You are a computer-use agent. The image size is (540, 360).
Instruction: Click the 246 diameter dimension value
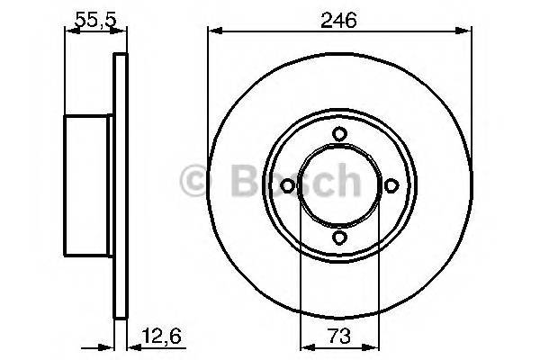pyautogui.click(x=338, y=20)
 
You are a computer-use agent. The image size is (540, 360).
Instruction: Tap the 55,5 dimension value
pyautogui.click(x=95, y=20)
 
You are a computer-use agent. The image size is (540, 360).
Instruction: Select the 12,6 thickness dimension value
pyautogui.click(x=162, y=337)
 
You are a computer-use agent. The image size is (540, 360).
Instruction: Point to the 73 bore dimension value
pyautogui.click(x=339, y=337)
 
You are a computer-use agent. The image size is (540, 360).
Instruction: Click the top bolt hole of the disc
pyautogui.click(x=339, y=134)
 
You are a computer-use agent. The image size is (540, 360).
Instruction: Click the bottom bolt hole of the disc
pyautogui.click(x=339, y=238)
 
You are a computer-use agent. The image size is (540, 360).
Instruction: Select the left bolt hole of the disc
pyautogui.click(x=287, y=186)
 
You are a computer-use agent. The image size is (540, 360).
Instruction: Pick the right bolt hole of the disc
pyautogui.click(x=391, y=186)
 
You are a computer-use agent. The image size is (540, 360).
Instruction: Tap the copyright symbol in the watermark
pyautogui.click(x=193, y=181)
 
